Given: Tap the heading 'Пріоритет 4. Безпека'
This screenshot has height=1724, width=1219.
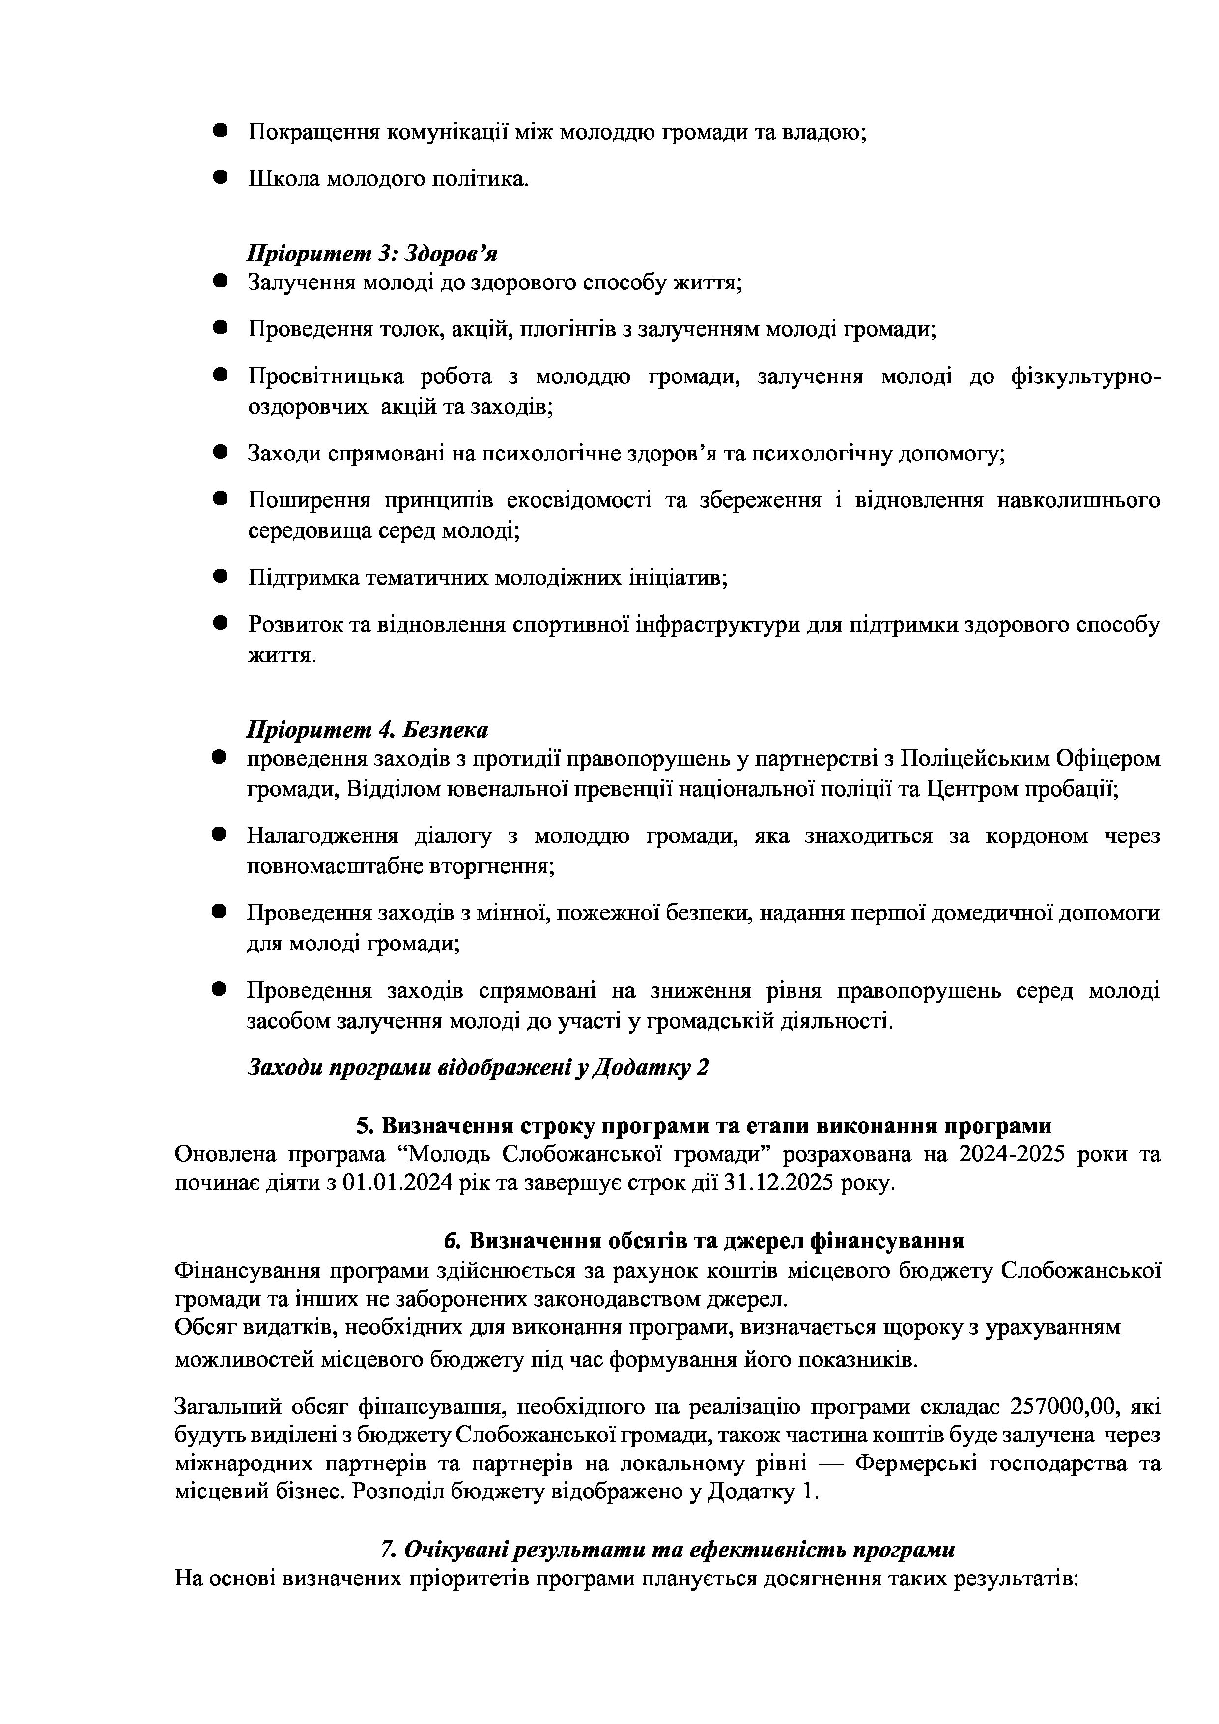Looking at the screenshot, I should point(367,729).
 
